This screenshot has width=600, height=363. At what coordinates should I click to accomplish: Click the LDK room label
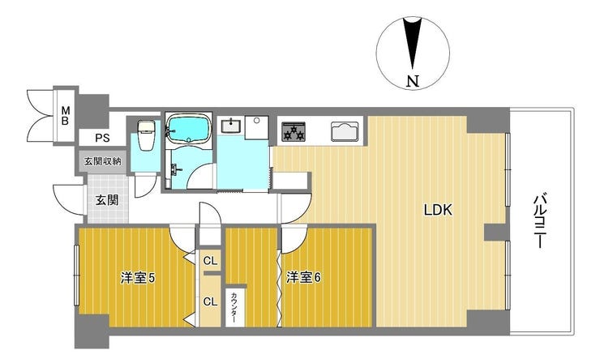coord(438,210)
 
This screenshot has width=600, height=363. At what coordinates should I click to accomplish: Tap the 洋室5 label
coord(138,278)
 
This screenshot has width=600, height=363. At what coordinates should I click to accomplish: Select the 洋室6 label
coord(304,277)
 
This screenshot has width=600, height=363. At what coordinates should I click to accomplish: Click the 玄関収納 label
coord(102,161)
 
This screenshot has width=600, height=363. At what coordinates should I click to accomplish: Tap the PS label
coord(102,138)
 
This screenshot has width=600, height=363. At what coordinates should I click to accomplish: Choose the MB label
coord(66,117)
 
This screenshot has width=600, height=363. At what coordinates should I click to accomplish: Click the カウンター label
coord(234,307)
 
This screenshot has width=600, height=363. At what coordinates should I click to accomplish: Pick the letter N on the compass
coord(413,81)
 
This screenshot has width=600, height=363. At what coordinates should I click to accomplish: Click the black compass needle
coord(412,43)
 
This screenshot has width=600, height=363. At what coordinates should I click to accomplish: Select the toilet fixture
coord(145,135)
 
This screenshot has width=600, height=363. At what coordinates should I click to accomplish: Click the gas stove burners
coord(294,131)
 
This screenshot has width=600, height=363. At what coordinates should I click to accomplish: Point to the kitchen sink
coord(345,131)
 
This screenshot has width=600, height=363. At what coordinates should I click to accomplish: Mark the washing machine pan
coord(257,127)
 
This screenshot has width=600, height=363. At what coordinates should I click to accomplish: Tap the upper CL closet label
coord(210,261)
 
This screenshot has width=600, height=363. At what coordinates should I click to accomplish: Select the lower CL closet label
coord(210,301)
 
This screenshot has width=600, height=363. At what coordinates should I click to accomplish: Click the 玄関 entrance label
coord(107,199)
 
